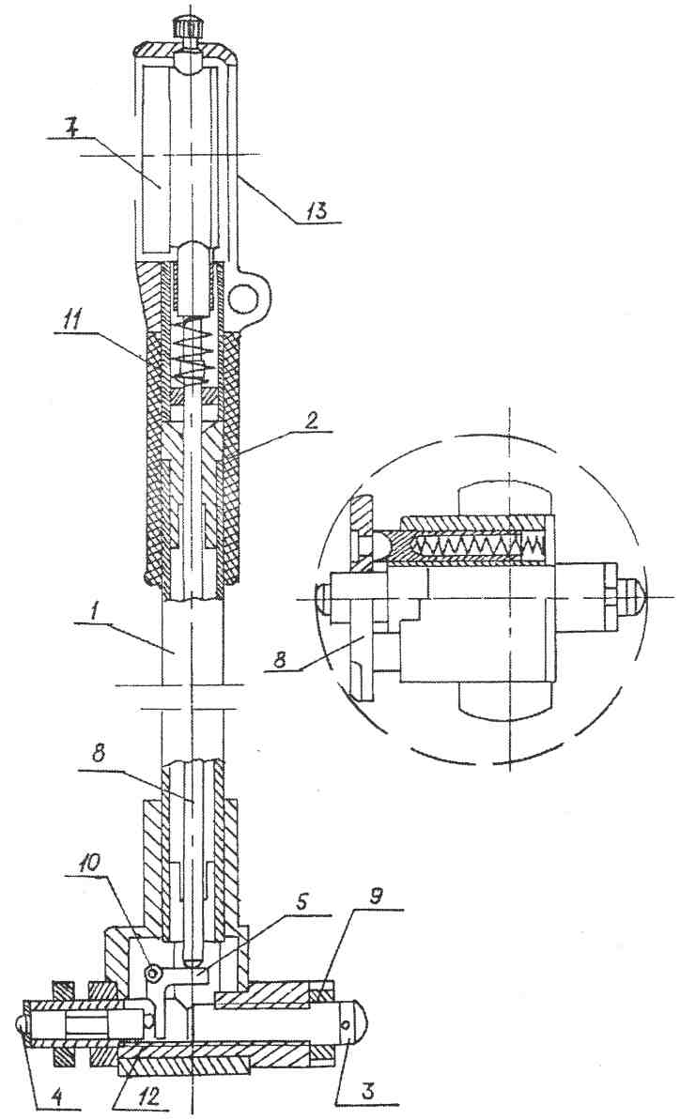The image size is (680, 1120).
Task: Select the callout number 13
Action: (x=318, y=210)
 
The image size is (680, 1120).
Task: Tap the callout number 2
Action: (x=310, y=421)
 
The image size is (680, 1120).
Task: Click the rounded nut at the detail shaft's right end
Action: (x=626, y=596)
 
